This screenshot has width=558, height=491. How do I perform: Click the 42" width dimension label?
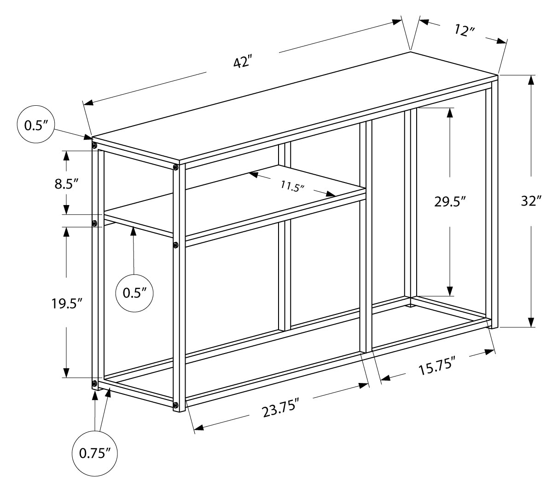[x=242, y=61]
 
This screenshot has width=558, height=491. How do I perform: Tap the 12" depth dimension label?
[x=464, y=31]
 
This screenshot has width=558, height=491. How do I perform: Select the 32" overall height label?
[x=531, y=201]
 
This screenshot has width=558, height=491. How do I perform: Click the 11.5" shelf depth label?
[x=292, y=186]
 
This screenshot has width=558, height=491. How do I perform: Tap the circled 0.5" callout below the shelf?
[x=134, y=293]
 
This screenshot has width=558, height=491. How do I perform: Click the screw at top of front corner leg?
[x=175, y=168]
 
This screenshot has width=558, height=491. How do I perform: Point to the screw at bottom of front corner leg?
[x=175, y=405]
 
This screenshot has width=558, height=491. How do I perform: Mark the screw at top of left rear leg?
[x=94, y=146]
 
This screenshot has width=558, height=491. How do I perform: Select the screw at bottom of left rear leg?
[x=94, y=383]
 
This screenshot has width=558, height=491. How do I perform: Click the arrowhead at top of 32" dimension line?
[x=531, y=80]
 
